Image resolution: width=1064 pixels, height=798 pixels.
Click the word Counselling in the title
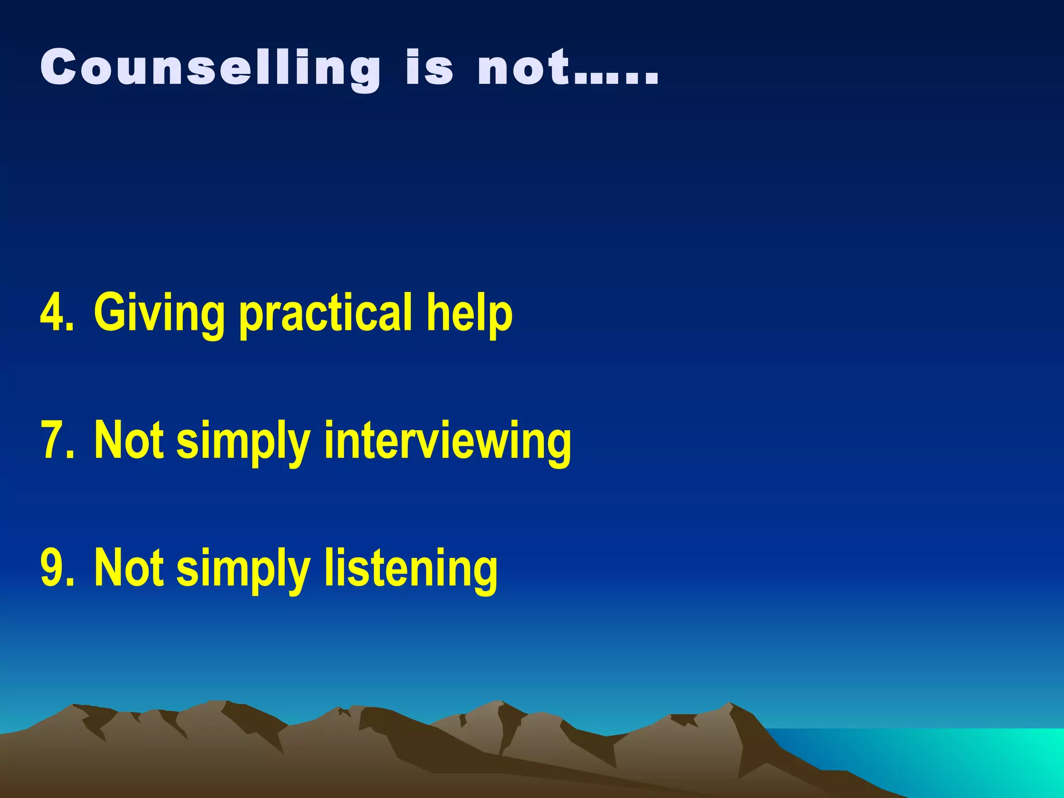click(210, 68)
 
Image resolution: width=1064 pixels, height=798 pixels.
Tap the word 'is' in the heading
click(429, 68)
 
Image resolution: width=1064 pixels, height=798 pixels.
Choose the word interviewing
click(447, 442)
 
